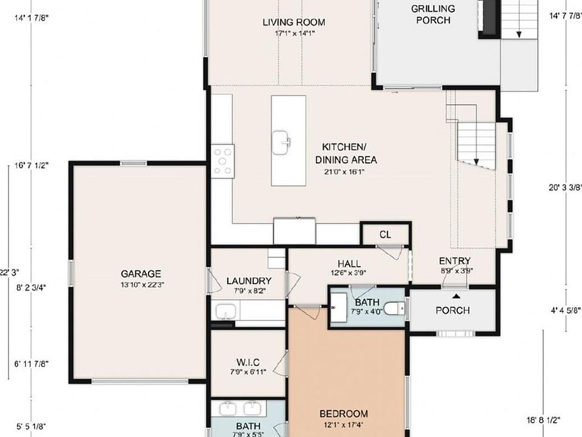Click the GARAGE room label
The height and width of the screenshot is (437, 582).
coord(140,274)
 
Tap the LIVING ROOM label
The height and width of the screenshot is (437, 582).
coord(293,22)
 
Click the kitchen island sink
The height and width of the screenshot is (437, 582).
coord(281,143)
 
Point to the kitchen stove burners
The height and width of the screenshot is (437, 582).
coord(222,161)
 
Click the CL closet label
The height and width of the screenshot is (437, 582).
coord(385,234)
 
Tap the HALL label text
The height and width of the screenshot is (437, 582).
coord(349,263)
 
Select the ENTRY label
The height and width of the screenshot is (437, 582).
coord(455,261)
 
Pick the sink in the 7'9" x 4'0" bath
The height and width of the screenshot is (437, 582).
coord(339,307)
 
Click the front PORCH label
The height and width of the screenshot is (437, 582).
coord(452,310)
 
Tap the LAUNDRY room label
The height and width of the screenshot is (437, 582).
coord(249,280)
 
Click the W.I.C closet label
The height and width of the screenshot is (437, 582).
coord(248,362)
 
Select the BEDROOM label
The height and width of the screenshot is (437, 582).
coord(344,414)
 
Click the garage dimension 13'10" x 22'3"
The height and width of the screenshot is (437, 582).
coord(140,284)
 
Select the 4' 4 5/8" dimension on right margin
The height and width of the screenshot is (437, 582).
coord(565,310)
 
